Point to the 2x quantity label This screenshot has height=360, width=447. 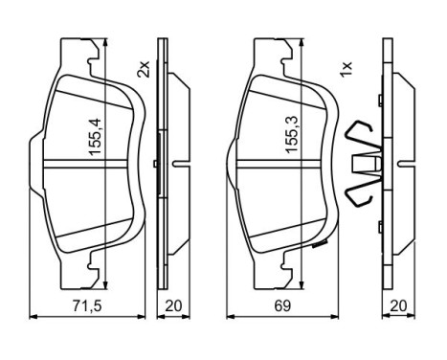pos(143,70)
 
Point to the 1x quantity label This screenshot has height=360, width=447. pos(346,70)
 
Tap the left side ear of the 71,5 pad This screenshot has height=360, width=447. pos(35,160)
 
